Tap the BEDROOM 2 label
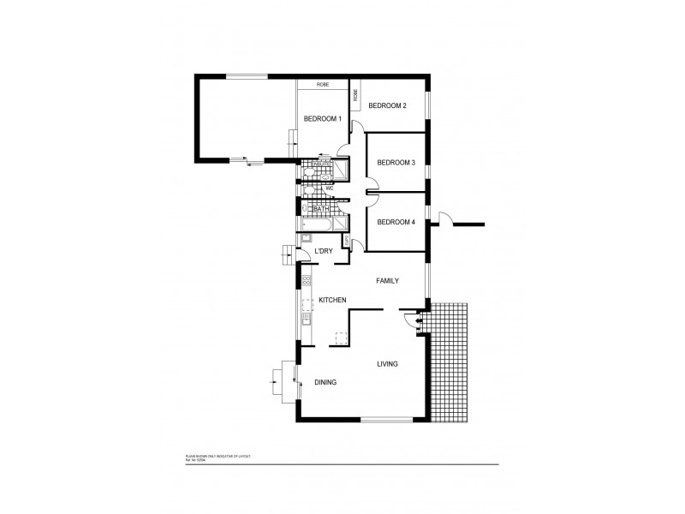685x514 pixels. click(x=387, y=105)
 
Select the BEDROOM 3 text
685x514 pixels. click(x=396, y=162)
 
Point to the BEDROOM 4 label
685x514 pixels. click(x=396, y=222)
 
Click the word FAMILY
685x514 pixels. click(x=389, y=280)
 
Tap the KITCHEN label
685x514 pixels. click(x=332, y=300)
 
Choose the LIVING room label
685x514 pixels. click(x=388, y=364)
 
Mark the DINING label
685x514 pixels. click(x=325, y=382)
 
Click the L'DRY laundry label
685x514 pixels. click(x=324, y=250)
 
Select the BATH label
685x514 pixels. click(x=321, y=209)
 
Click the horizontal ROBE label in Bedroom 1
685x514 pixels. click(x=323, y=85)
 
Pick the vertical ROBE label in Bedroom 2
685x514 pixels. click(x=355, y=93)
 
